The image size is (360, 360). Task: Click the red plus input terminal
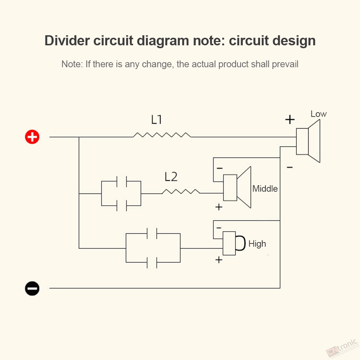(32, 137)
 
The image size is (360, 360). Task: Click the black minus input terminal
(32, 288)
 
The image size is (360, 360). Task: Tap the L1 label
(156, 120)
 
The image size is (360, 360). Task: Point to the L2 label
(171, 177)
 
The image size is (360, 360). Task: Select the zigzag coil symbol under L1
(162, 135)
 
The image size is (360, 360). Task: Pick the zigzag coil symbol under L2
(181, 191)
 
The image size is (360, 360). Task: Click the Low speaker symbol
(308, 141)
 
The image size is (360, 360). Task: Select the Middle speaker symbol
(237, 187)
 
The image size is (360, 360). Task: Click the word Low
(318, 114)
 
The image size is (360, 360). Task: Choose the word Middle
(265, 189)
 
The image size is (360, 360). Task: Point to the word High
(257, 244)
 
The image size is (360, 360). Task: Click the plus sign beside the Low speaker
(290, 119)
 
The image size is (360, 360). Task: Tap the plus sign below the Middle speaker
(219, 207)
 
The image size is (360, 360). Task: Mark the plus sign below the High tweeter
(219, 260)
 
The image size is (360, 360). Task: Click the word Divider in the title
(67, 41)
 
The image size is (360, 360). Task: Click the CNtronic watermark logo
(342, 348)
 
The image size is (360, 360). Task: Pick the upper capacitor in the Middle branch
(122, 181)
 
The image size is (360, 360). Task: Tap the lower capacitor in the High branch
(152, 263)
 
